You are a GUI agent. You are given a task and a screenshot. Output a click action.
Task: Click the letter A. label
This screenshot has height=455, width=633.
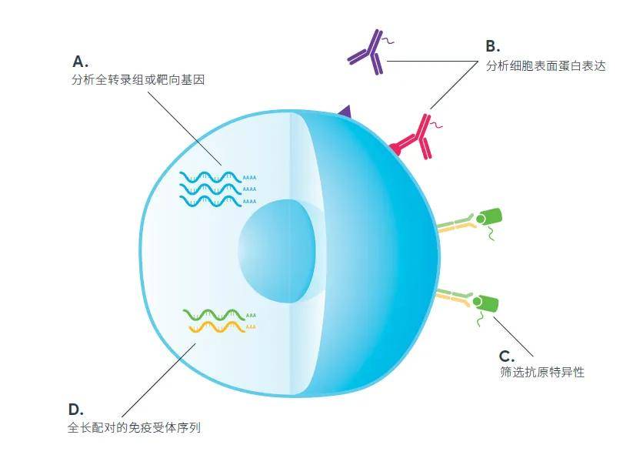pos(80,62)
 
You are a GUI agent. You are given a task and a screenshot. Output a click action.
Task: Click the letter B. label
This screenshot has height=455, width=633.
pos(493,46)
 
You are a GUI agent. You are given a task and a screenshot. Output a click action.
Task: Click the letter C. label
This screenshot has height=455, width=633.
pos(507,356)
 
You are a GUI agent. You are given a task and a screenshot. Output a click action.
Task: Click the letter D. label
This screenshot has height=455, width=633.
pos(76,410)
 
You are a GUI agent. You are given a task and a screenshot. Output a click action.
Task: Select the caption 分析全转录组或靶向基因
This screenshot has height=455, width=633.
pos(138,79)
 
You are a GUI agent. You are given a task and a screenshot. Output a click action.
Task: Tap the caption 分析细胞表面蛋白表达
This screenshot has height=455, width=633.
pos(546,66)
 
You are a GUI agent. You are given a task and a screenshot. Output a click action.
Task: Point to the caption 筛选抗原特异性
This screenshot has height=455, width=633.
pos(542,372)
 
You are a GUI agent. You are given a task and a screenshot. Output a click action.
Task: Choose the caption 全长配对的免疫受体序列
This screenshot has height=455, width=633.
pos(134,427)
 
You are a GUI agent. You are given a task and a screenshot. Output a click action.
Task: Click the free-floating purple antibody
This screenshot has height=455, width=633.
pos(369,52)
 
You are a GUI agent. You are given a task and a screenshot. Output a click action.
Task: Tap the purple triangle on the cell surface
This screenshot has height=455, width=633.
pos(345,112)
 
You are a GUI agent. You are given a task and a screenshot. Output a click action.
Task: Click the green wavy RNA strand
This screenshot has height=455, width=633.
pos(214,315)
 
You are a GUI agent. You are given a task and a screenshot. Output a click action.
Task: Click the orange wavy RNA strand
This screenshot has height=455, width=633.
pos(217,327)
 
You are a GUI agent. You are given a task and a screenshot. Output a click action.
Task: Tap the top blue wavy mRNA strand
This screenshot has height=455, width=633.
pos(211,177)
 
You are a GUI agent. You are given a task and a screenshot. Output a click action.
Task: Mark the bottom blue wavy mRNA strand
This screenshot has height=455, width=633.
pos(211,201)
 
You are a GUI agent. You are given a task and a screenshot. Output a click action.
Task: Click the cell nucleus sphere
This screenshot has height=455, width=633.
pos(277,251)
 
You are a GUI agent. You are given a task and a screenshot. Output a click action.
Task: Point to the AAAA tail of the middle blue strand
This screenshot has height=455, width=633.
pos(249,189)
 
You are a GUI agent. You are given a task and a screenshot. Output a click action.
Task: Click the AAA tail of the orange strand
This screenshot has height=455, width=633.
pos(251,327)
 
